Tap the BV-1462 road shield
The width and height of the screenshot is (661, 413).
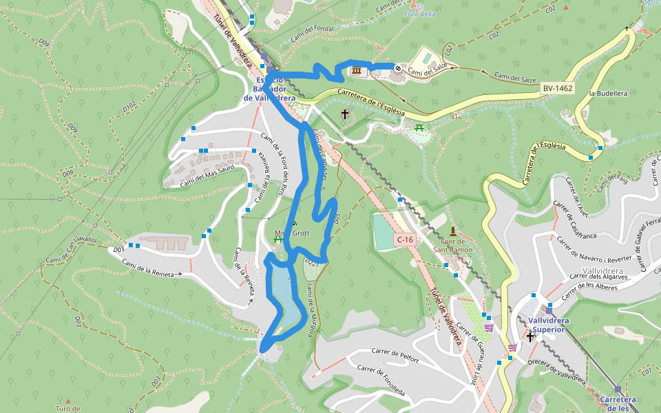(557, 89)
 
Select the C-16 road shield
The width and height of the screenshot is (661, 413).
(404, 239)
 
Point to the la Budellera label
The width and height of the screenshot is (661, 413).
(608, 93)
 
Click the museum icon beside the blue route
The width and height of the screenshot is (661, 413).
(357, 72)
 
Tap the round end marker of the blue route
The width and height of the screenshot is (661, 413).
(398, 67)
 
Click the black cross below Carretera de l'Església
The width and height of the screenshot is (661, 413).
(345, 114)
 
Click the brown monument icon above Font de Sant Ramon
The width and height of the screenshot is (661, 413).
(452, 231)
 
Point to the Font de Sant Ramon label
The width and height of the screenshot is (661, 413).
(452, 246)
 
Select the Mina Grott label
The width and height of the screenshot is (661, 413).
(292, 233)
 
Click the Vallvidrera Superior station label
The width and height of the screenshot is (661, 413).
(547, 325)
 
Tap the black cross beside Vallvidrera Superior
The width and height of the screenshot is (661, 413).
(530, 337)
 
